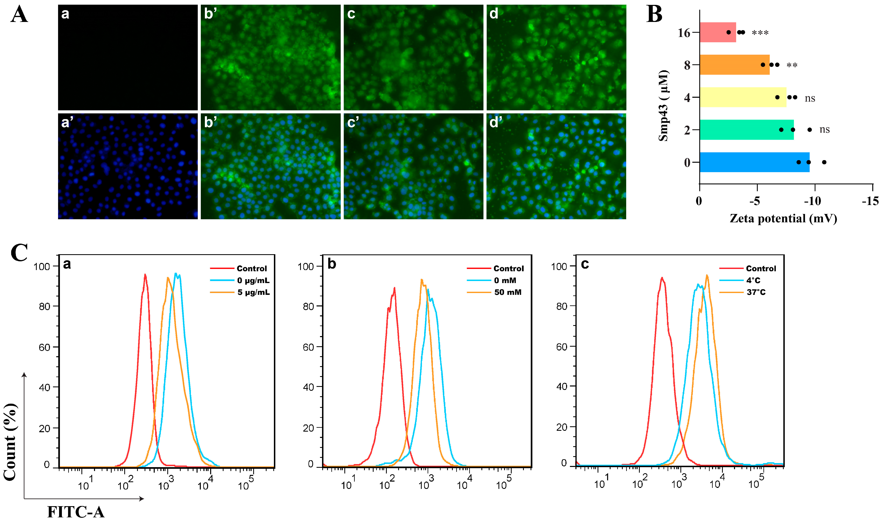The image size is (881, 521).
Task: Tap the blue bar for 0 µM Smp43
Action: coord(754,162)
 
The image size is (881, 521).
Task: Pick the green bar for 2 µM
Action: coord(746,130)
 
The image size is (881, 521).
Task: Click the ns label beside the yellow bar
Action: coord(810,98)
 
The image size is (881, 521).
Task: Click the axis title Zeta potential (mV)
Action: coord(783,219)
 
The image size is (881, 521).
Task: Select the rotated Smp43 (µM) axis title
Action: coord(663,105)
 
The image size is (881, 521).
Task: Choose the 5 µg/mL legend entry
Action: coord(253,292)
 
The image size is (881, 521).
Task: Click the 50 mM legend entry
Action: coord(507,292)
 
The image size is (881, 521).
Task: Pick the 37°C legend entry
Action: coord(756,292)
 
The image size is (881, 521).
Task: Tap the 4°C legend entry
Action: coord(753,280)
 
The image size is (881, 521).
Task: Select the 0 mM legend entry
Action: coord(505,280)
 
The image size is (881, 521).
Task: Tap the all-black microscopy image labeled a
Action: coord(128,57)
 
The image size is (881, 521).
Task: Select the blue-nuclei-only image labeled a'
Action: coord(128,166)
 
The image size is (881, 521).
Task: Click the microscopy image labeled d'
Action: coord(556,166)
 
